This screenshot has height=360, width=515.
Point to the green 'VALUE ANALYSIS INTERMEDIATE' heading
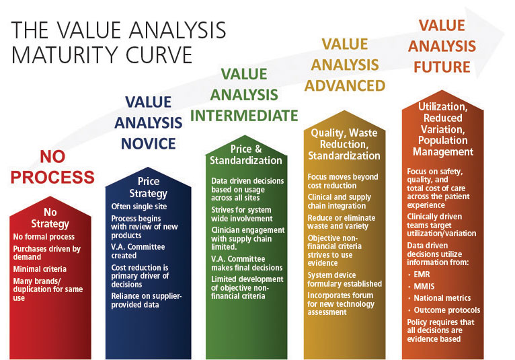pyautogui.click(x=244, y=94)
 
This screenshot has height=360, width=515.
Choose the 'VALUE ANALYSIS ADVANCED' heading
pyautogui.click(x=345, y=65)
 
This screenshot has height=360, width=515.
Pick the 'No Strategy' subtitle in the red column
pyautogui.click(x=50, y=219)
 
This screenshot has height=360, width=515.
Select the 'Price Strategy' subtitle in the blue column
pyautogui.click(x=149, y=188)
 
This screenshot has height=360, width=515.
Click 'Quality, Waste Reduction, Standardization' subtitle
pyautogui.click(x=344, y=145)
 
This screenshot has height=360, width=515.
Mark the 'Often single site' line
pyautogui.click(x=138, y=207)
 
